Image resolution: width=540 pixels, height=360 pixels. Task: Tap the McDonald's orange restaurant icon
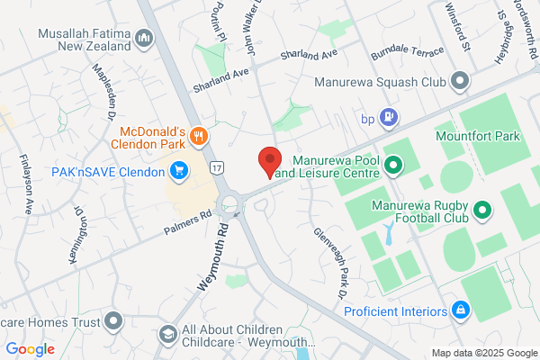click(x=199, y=137)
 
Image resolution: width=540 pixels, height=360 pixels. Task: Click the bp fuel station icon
click(x=389, y=115)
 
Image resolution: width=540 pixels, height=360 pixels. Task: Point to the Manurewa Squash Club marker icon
click(x=461, y=82)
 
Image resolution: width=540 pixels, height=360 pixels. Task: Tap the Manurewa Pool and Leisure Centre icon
click(x=400, y=164)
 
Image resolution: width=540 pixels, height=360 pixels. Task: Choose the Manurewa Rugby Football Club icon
click(x=483, y=211)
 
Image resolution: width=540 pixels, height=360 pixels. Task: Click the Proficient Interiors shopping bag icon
click(x=462, y=310)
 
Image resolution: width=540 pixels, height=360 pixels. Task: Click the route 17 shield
click(x=217, y=167)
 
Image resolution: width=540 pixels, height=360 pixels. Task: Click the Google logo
click(x=31, y=349)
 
